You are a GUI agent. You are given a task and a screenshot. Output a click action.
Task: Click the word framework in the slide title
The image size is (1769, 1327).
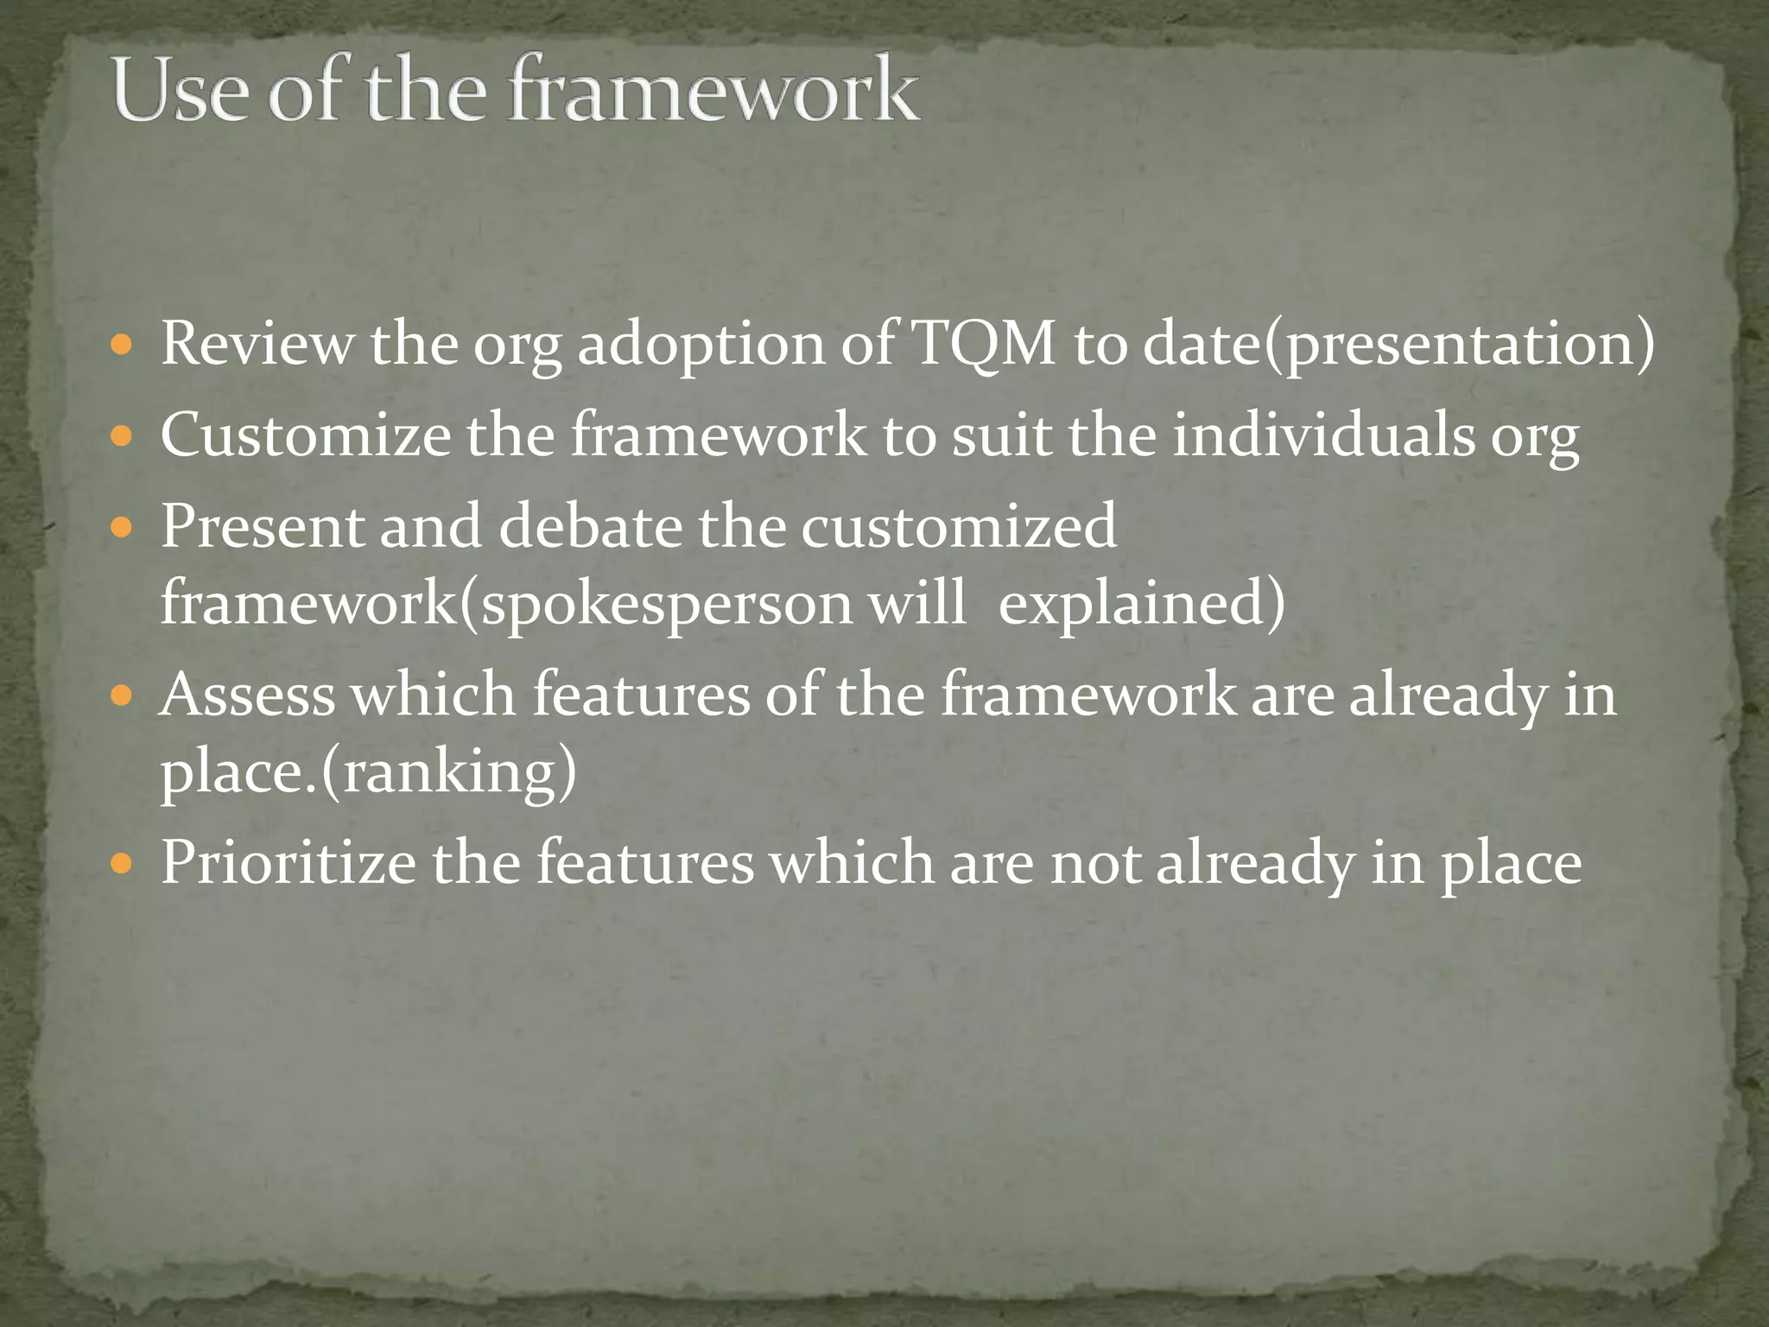click(713, 92)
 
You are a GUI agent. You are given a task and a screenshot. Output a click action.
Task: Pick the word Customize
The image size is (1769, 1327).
click(305, 435)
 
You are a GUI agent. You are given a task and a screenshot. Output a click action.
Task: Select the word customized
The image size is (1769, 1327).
click(958, 526)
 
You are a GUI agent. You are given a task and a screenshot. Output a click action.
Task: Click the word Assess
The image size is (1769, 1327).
click(247, 695)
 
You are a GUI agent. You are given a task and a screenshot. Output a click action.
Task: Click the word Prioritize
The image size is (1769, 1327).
click(288, 863)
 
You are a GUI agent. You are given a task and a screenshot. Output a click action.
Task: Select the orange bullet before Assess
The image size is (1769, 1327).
click(122, 696)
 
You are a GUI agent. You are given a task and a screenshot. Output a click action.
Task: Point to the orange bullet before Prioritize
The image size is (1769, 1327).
click(122, 865)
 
